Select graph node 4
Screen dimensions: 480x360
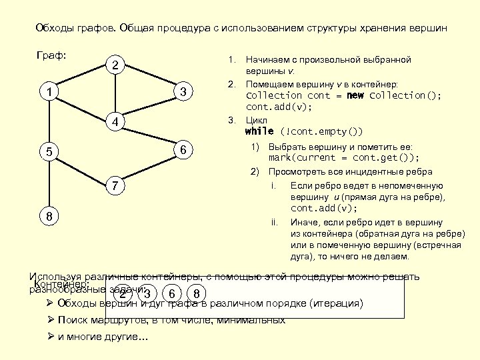(x=116, y=122)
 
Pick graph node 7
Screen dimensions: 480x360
(x=116, y=185)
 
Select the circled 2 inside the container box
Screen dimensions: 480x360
(x=122, y=294)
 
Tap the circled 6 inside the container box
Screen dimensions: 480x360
(x=172, y=294)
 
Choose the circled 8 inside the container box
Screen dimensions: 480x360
(x=196, y=294)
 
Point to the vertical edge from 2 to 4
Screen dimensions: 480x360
(x=116, y=93)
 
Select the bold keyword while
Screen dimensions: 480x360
(x=259, y=131)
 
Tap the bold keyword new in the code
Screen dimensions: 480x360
(x=356, y=95)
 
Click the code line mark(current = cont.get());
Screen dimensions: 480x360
(x=344, y=158)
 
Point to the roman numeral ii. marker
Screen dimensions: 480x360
(x=275, y=222)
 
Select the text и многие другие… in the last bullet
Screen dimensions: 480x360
(x=103, y=337)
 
